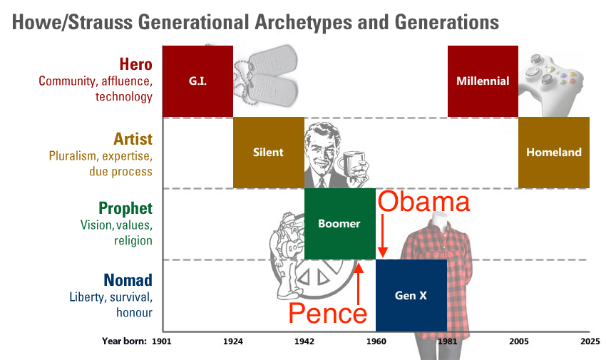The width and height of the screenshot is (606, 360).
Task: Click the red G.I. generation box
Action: coord(197,81)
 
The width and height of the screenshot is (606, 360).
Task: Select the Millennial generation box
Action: coord(483,81)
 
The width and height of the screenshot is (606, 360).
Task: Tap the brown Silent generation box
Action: coord(269,153)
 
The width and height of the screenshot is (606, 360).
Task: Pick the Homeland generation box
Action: coord(554,153)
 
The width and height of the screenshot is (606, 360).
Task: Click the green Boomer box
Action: coord(339,224)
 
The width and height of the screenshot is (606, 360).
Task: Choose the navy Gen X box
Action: coord(411,296)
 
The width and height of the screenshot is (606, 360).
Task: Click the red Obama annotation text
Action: coord(424,201)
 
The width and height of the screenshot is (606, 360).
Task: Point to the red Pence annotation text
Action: coord(328,313)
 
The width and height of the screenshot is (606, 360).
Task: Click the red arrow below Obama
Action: coord(383,236)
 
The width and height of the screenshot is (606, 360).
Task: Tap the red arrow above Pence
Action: coord(359,284)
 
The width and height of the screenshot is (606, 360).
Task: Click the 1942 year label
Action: coord(304,341)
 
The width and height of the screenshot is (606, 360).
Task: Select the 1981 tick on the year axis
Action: coord(447,341)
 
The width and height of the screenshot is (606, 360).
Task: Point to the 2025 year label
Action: coord(590,341)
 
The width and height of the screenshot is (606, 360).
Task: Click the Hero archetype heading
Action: coord(135,64)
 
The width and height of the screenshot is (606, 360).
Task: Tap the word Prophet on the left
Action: coord(125,208)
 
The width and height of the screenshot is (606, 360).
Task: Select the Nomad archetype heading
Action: coord(128,280)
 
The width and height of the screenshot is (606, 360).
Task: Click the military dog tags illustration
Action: coord(266,76)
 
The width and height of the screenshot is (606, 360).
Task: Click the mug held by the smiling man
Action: coord(351,165)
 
